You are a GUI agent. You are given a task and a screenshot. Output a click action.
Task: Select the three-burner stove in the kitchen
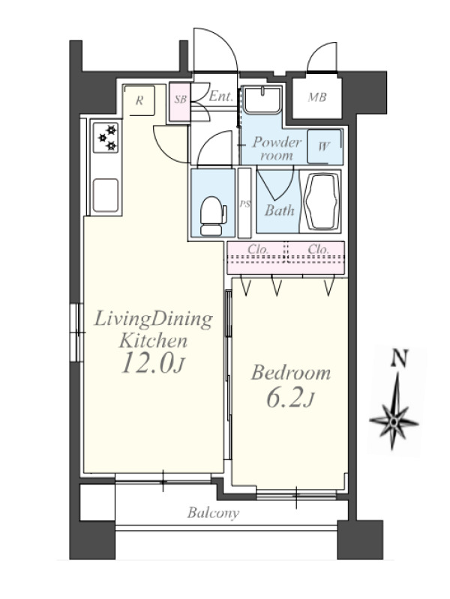tap(106, 137)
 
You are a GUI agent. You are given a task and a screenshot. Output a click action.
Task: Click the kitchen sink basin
tap(106, 195)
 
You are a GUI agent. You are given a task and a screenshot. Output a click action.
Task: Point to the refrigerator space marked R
tap(139, 100)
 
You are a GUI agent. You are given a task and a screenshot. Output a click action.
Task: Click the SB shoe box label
tap(180, 100)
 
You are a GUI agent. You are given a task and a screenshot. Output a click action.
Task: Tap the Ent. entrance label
tap(220, 96)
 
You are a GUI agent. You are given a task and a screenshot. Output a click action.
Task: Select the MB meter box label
tap(317, 97)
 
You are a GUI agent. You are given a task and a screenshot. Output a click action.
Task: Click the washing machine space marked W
tap(324, 146)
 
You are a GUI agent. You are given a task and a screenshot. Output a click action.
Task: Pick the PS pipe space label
tap(244, 204)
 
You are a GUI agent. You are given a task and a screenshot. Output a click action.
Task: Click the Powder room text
tap(277, 148)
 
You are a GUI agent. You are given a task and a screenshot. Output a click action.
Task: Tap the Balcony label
tap(213, 513)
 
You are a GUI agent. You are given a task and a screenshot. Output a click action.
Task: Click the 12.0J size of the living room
tap(153, 363)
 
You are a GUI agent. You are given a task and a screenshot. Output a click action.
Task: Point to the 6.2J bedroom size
tap(290, 399)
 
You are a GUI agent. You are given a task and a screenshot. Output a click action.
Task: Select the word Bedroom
tap(291, 373)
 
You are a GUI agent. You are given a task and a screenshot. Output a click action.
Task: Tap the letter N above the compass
tap(399, 359)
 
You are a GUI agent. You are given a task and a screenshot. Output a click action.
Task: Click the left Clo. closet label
tap(258, 249)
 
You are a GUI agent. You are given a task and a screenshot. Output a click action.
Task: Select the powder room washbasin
tap(262, 100)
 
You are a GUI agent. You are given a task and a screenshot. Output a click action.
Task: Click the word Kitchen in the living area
tap(153, 341)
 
